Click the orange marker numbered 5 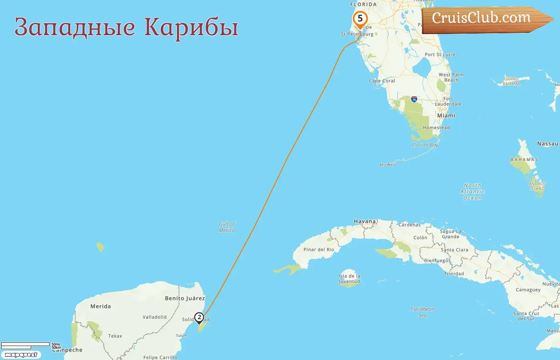[x=360, y=19]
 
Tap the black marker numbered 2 [x=199, y=318]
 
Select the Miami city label [x=446, y=116]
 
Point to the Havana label [x=365, y=221]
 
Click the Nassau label [x=547, y=144]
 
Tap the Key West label [x=388, y=164]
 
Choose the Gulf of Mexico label [x=227, y=227]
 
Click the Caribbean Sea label [x=422, y=312]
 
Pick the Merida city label [x=100, y=306]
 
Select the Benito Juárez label [x=185, y=298]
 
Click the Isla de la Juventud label [x=349, y=278]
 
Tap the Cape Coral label [x=382, y=81]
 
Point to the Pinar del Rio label [x=318, y=250]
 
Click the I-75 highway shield [x=414, y=99]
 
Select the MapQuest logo [x=21, y=355]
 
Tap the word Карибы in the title [x=191, y=27]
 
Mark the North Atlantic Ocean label [x=472, y=192]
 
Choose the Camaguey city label [x=528, y=290]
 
